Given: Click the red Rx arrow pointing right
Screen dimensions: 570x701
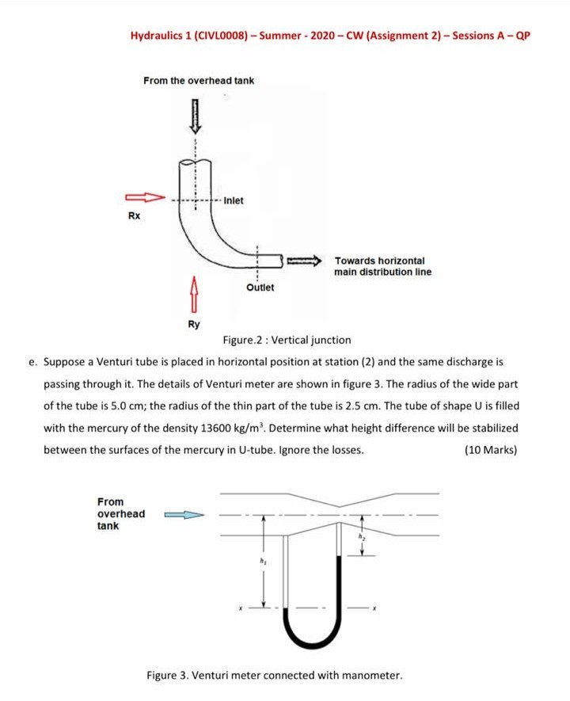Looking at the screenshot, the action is [145, 197].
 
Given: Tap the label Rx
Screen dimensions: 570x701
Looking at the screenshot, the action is [134, 215].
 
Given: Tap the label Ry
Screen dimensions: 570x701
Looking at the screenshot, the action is [194, 324].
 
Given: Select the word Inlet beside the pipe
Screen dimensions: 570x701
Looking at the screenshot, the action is [234, 200].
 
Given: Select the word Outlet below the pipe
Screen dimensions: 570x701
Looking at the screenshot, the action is [260, 287].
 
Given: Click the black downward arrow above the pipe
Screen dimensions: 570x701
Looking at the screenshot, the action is [195, 116].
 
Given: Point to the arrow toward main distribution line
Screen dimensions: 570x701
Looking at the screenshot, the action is [304, 260].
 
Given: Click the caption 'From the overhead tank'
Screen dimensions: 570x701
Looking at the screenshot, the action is [199, 81].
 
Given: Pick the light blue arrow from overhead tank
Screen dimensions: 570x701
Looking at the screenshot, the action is [184, 515].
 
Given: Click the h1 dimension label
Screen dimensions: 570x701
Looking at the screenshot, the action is [264, 561].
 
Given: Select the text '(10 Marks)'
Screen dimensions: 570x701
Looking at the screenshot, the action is [491, 450].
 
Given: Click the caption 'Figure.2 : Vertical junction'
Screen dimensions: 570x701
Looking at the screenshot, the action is [287, 340].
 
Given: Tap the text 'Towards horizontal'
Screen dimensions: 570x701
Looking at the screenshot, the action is [380, 260].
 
